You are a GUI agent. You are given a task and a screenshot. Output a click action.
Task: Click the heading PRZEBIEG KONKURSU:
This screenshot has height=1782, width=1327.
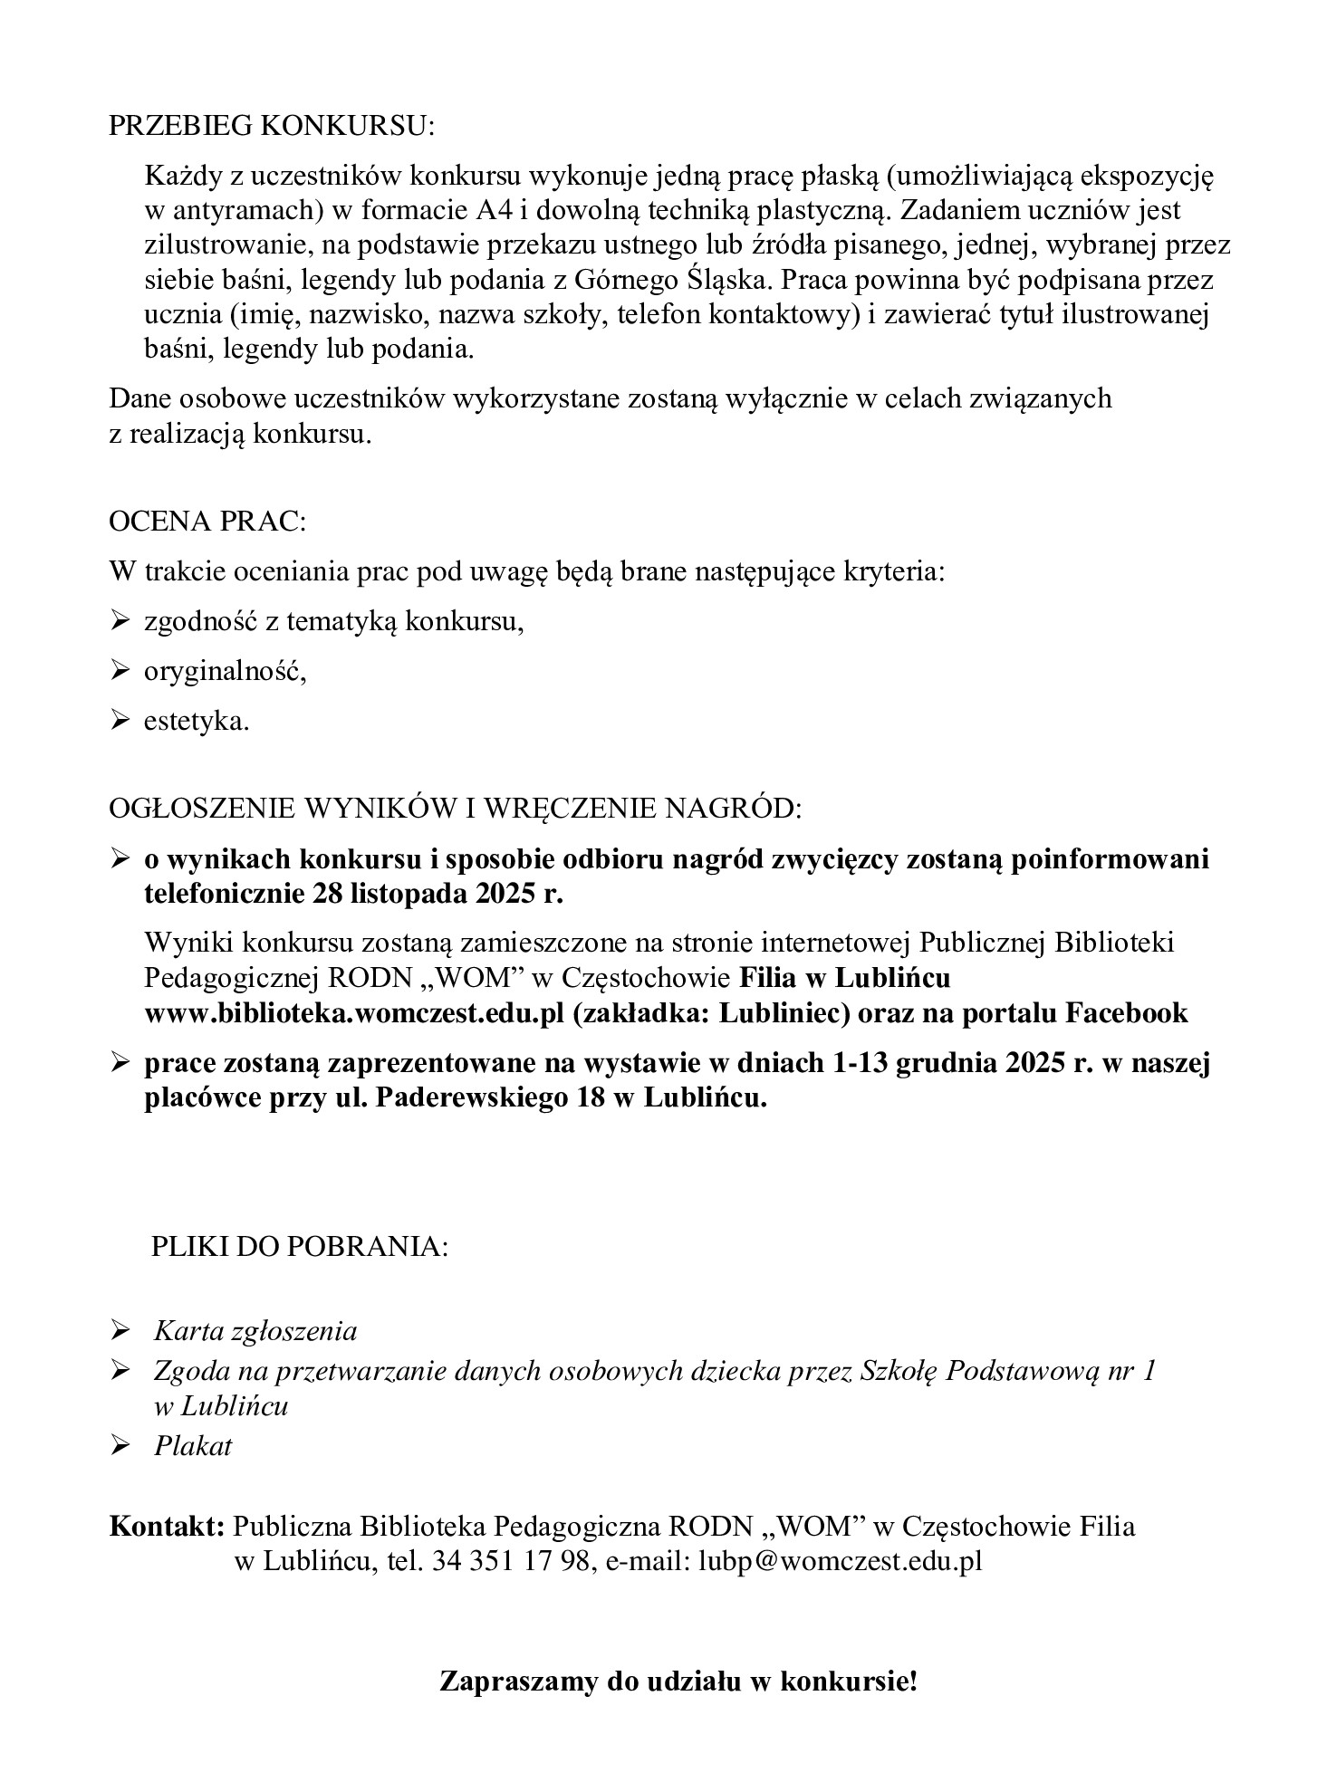[x=272, y=127]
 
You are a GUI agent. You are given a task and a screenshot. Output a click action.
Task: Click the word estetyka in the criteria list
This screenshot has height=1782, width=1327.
[x=196, y=722]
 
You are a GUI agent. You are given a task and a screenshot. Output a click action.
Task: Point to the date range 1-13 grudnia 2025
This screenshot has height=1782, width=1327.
[x=960, y=1064]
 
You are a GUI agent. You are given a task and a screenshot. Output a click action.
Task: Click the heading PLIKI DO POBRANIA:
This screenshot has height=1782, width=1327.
[x=300, y=1246]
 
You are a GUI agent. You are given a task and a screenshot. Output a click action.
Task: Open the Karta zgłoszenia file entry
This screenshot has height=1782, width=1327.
[x=255, y=1330]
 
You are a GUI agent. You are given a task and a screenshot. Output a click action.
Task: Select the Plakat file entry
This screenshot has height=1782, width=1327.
[x=193, y=1446]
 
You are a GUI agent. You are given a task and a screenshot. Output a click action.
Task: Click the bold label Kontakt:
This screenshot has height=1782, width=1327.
[x=167, y=1527]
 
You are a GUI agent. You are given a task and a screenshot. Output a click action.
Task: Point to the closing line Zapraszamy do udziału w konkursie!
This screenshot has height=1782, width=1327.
[x=678, y=1682]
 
